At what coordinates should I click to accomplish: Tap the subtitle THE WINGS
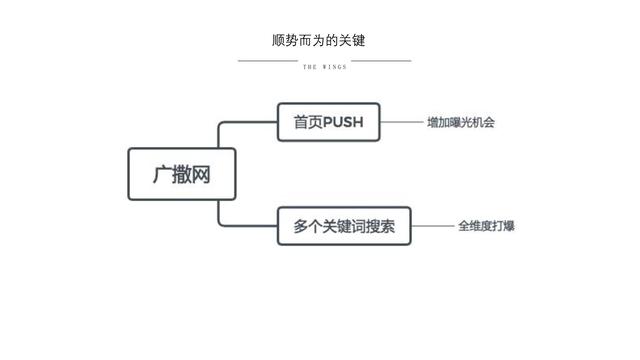324,68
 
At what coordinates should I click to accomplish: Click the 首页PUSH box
329,123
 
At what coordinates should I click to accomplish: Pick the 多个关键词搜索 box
344,226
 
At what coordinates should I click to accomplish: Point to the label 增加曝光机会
461,123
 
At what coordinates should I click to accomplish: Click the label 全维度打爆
486,226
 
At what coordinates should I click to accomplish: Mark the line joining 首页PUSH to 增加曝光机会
401,123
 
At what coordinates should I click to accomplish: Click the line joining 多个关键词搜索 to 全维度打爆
432,226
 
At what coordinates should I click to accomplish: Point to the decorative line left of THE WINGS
267,60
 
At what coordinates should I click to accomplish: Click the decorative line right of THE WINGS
381,60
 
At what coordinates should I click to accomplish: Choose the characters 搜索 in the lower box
381,226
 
